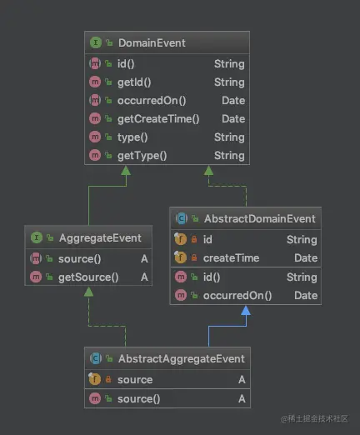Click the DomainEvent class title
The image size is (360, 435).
152,42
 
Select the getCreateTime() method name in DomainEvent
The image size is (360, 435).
158,119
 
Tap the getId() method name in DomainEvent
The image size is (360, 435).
134,82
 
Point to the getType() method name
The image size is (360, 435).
142,156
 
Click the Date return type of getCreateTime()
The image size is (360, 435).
233,119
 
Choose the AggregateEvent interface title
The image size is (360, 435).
100,238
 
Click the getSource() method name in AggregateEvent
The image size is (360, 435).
88,277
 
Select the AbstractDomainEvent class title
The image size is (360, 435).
260,218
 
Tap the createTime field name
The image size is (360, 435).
231,258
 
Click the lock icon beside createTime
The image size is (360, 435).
194,257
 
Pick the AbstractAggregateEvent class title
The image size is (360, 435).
182,358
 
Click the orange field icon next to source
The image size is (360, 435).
95,379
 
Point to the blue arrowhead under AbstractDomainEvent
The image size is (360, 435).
246,310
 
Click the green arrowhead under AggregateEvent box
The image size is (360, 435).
88,292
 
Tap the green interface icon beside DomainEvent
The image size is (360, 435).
96,42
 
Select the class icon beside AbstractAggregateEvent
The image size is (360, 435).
96,358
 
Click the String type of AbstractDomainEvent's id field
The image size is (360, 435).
302,240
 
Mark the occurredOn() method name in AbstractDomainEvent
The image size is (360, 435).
237,296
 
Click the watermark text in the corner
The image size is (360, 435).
314,419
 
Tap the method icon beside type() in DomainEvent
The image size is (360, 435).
95,137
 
